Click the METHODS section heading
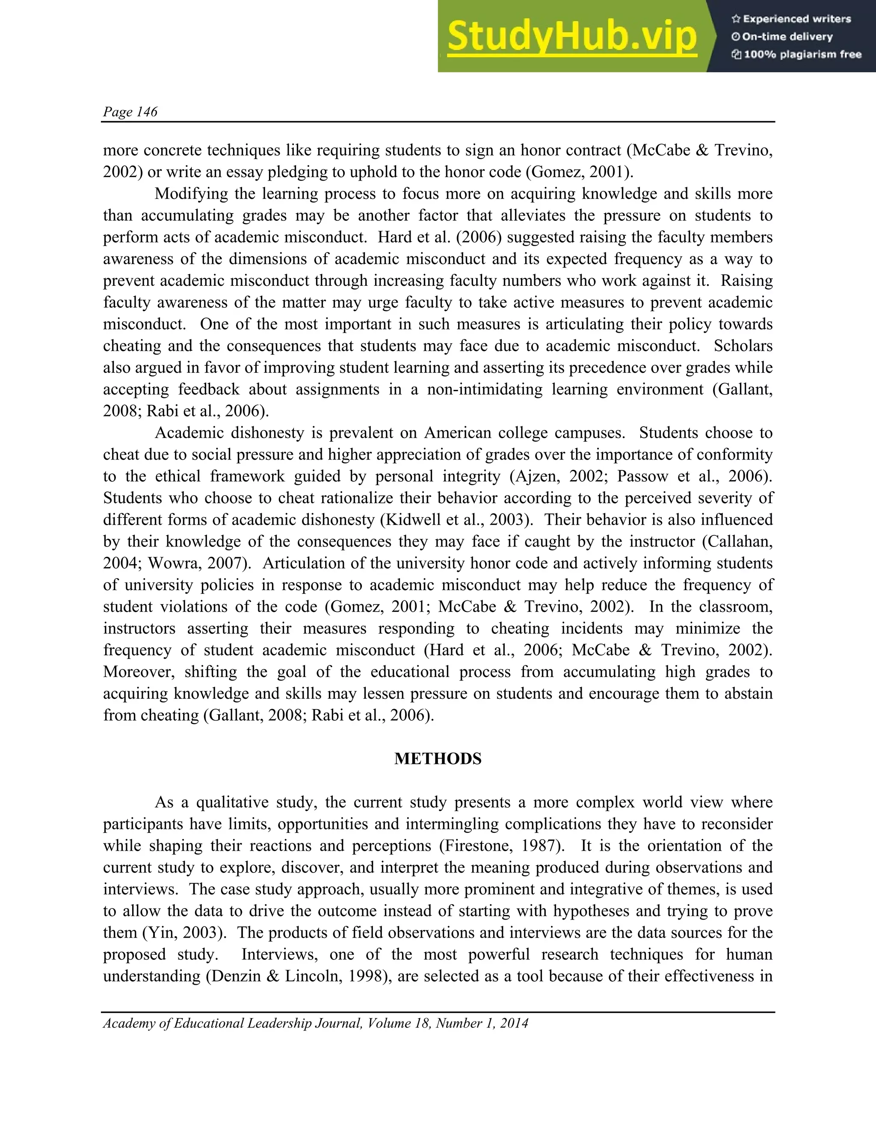[438, 759]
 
